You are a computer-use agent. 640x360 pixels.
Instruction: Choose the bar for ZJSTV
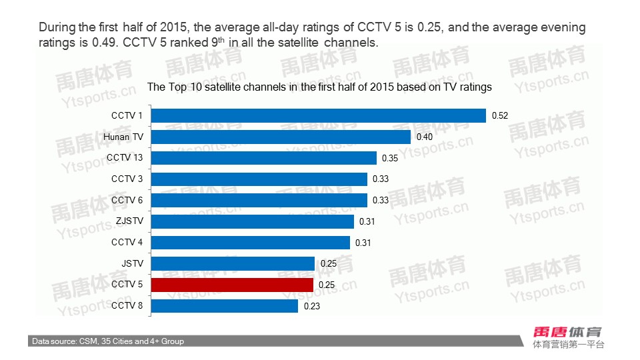[253, 221]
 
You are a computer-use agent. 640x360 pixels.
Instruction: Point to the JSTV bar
[233, 263]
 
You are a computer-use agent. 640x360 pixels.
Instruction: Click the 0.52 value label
[500, 116]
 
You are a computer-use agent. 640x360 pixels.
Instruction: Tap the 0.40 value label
[425, 137]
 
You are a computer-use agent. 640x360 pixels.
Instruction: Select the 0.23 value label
[312, 307]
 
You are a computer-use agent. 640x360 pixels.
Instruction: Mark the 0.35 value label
[390, 158]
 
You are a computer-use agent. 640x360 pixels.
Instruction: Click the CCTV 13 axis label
[125, 157]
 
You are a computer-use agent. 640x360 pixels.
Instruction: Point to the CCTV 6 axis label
[127, 200]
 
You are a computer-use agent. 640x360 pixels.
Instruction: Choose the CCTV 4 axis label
[127, 242]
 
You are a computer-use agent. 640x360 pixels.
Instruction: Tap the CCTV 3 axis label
[127, 179]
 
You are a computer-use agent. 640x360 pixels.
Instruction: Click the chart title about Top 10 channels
[319, 87]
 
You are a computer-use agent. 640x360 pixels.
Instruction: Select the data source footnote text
[108, 341]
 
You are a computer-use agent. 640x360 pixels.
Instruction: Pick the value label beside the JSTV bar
[329, 264]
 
